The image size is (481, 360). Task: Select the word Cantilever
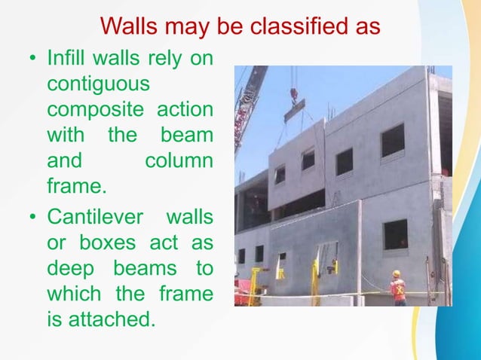[96, 218]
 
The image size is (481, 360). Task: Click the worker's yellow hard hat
[397, 274]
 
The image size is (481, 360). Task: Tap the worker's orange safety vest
[398, 288]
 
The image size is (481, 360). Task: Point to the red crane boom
[249, 105]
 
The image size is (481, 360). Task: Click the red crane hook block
[294, 95]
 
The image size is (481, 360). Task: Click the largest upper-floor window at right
[392, 140]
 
